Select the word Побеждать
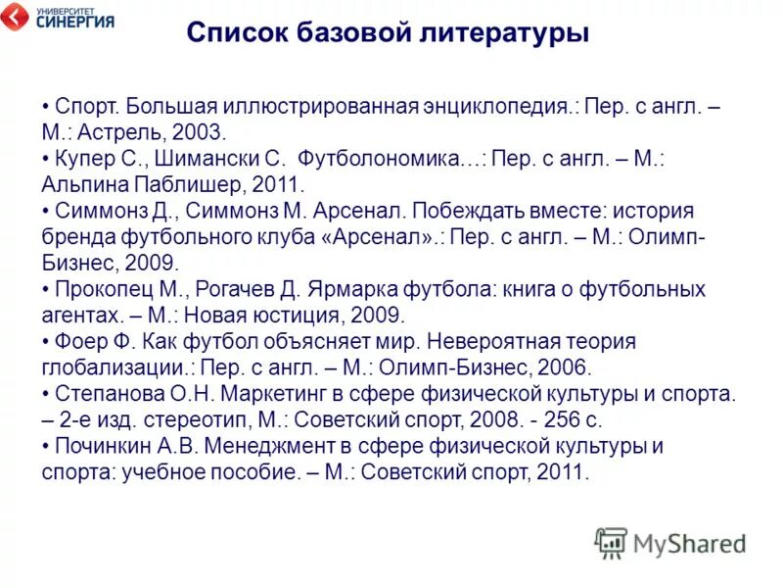click(x=469, y=211)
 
